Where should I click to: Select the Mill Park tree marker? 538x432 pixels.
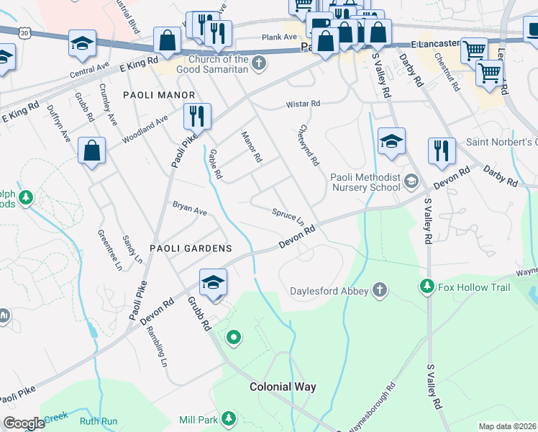pos(229,418)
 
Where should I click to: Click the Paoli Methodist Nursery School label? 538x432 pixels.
pos(365,183)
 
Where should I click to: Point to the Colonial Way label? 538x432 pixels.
pos(283,387)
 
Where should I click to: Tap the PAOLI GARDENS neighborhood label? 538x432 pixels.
pos(191,248)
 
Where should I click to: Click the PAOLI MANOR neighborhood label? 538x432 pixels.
pos(159,95)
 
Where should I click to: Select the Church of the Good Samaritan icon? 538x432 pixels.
pos(259,66)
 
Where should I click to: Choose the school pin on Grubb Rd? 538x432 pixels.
pos(213,283)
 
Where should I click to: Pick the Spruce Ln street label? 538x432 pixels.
pos(288,216)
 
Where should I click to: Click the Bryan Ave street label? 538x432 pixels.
pos(189,211)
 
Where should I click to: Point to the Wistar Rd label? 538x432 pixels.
pos(303,104)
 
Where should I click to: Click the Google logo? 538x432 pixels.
pos(24,423)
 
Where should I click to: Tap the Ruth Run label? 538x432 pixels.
pos(99,421)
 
